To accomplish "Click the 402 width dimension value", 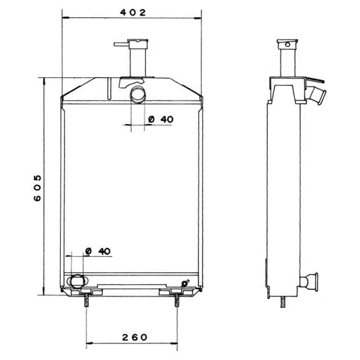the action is (x=133, y=12).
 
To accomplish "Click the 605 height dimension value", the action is (x=37, y=188).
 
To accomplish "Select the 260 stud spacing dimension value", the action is (x=134, y=337).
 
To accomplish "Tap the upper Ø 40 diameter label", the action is (x=161, y=120).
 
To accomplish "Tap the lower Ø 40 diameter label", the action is (x=98, y=251).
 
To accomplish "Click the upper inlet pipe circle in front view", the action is (x=138, y=95).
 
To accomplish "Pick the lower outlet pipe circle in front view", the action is (x=77, y=281).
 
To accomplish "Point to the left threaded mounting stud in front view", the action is (x=86, y=300).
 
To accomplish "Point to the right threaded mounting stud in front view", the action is (x=177, y=300).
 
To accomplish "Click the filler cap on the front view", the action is (x=138, y=44).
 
